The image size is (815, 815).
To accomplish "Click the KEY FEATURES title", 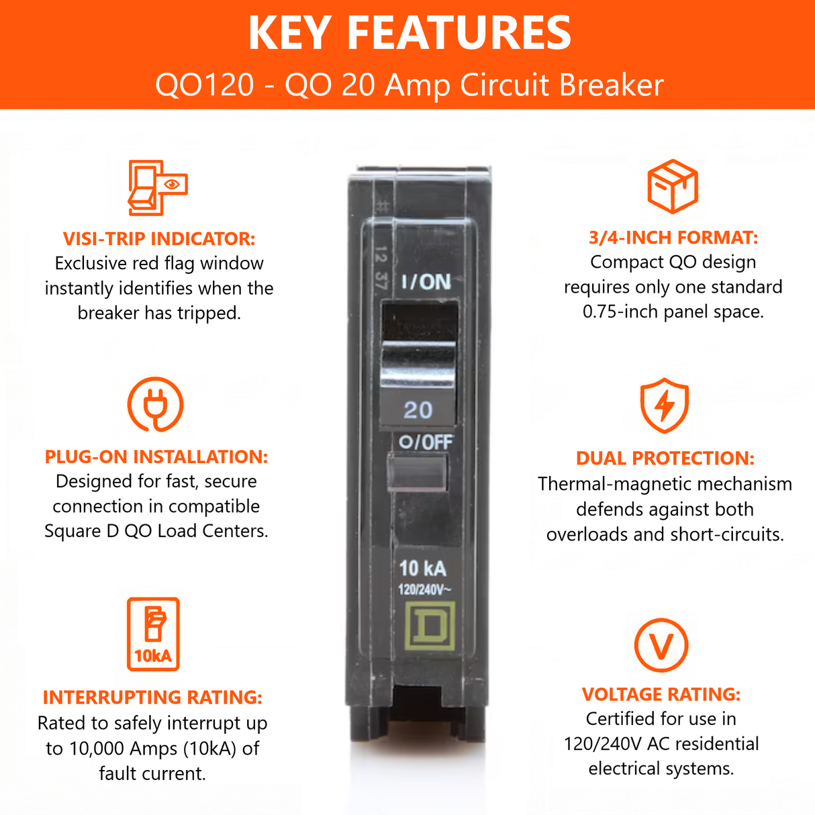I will (x=410, y=32).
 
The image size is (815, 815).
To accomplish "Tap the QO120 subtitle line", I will (x=410, y=85).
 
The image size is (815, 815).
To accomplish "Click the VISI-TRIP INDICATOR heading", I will (x=159, y=238).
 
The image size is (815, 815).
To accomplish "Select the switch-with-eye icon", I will (x=157, y=187).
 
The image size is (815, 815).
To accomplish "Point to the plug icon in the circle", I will (x=155, y=404).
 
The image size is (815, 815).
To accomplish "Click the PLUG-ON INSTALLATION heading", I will (x=156, y=457).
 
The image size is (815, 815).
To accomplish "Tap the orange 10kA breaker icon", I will (x=154, y=634).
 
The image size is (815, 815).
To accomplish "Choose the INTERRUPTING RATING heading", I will (x=152, y=697).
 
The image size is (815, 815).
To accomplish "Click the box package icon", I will (x=673, y=186).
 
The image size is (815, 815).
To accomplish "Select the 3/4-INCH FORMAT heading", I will (x=673, y=237).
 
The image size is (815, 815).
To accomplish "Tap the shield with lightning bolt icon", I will (x=665, y=405).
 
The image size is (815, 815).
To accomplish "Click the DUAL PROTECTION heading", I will (x=665, y=458).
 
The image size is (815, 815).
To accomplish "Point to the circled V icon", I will (x=661, y=645).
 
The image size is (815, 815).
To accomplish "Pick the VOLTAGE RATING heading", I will (x=661, y=693).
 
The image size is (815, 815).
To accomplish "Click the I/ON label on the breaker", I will (x=426, y=282).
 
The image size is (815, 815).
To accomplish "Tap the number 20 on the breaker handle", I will (x=418, y=410).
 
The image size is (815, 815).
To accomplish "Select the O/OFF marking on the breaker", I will (x=426, y=442).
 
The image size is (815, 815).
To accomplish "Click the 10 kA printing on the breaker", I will (x=422, y=569).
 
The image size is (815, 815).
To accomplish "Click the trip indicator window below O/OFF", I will (x=418, y=472).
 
